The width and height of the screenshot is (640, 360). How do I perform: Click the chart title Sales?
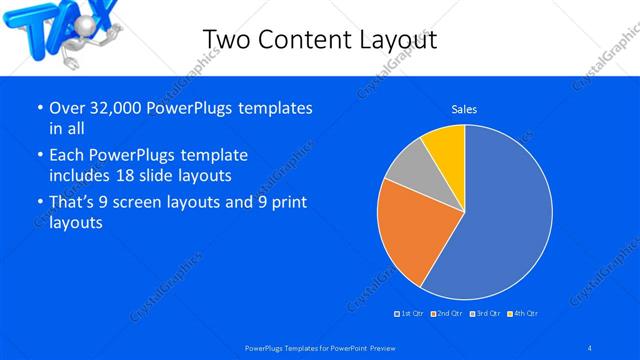464,108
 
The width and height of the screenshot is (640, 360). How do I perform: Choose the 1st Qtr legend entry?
410,314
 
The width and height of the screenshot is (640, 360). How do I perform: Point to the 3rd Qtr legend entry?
486,314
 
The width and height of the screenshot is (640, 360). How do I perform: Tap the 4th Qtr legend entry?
523,314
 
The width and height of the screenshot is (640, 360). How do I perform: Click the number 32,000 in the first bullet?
118,108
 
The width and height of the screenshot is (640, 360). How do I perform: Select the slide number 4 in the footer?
590,347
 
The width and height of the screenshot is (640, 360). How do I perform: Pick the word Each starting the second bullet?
69,155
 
